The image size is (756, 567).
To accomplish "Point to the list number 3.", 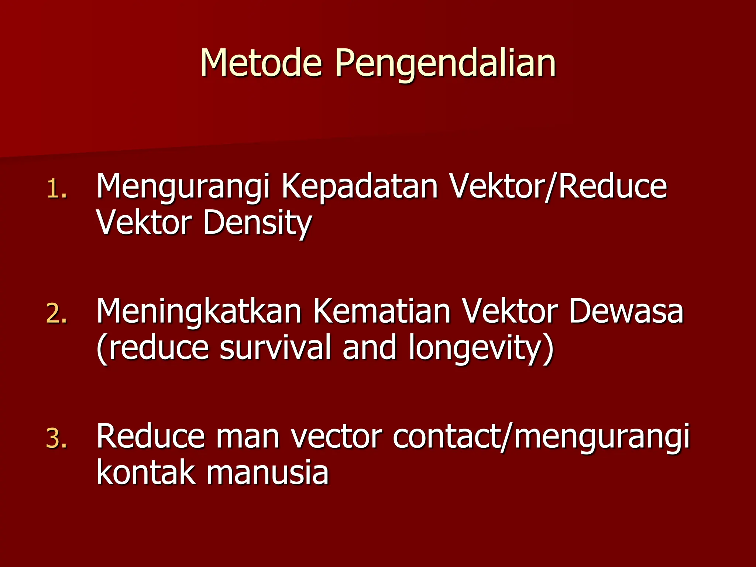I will (57, 439).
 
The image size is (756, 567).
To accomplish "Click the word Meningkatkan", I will (199, 311).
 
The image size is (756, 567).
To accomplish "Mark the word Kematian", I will (382, 311).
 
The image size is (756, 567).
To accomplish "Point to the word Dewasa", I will (626, 311).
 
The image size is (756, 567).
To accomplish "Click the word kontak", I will (145, 472).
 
